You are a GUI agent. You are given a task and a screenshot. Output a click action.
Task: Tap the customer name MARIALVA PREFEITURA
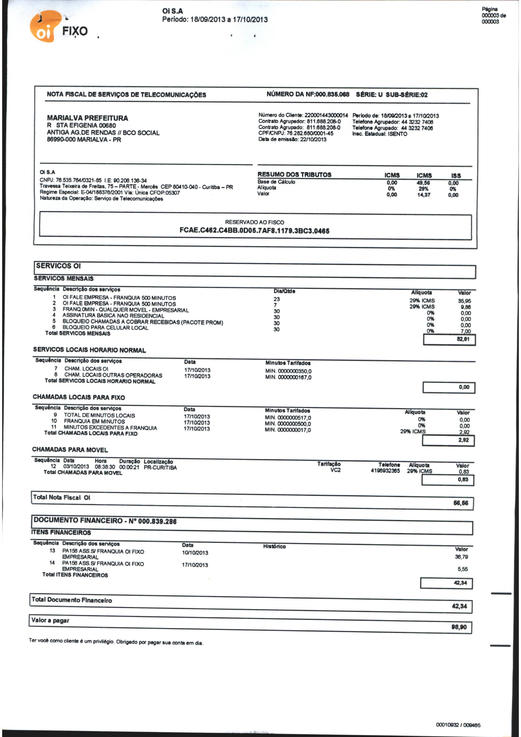click(87, 118)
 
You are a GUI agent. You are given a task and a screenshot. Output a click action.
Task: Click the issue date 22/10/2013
click(313, 139)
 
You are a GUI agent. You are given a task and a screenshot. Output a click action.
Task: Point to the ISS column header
click(456, 176)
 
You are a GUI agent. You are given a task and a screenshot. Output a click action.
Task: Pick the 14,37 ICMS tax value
click(424, 195)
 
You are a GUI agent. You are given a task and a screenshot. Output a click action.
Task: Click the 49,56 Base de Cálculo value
click(424, 183)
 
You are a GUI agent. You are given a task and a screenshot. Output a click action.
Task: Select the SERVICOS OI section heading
click(58, 266)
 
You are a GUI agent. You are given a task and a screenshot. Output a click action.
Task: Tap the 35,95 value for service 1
click(464, 301)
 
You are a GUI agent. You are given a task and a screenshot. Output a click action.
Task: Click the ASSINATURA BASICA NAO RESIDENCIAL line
click(113, 316)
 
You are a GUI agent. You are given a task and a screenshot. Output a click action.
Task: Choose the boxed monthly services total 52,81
click(463, 339)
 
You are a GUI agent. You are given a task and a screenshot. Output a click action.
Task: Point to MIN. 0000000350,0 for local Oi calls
click(288, 371)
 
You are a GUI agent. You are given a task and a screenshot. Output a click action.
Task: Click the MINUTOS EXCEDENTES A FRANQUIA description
click(110, 428)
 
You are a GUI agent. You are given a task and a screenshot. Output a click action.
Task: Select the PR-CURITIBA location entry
click(160, 468)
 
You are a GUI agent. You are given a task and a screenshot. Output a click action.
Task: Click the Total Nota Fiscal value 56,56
click(461, 503)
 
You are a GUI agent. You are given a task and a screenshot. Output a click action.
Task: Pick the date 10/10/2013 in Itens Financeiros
click(195, 553)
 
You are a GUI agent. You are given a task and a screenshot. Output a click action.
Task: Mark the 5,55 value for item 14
click(462, 569)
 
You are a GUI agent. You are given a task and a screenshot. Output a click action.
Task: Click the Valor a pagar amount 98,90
click(459, 627)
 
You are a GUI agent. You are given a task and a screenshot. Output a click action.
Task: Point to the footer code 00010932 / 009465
click(458, 725)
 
